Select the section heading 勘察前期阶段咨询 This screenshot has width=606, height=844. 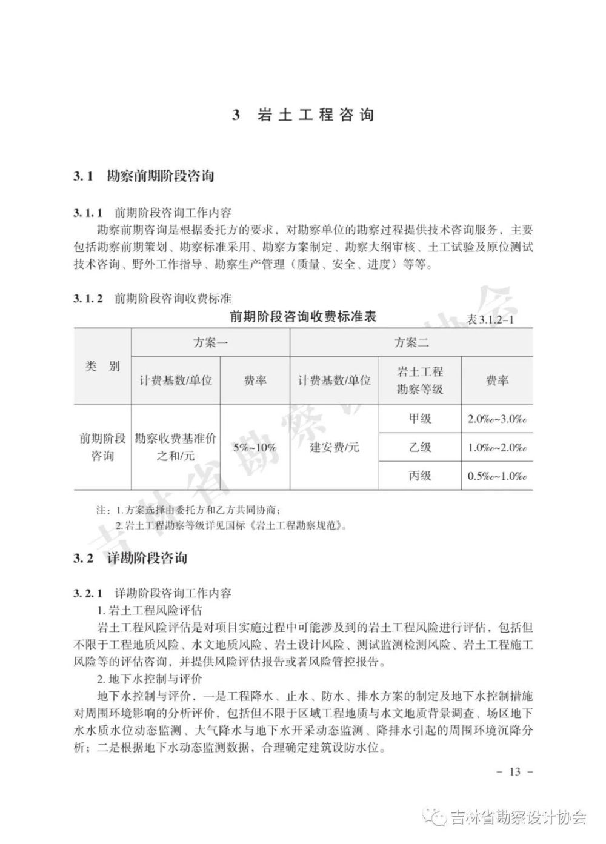coord(160,176)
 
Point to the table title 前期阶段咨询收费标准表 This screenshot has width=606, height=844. coord(303,316)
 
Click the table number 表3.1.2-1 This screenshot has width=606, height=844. coord(490,320)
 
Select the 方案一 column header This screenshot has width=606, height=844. coord(211,342)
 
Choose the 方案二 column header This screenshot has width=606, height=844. coord(411,342)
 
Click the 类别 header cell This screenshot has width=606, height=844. coord(103,366)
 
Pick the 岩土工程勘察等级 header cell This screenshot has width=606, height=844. coord(420,380)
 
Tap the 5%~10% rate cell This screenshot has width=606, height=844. coord(255,447)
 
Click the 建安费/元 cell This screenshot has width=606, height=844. coord(335,447)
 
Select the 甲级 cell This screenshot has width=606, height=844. coord(420,419)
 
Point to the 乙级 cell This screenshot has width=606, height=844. coord(420,447)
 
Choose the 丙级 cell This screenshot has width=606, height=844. coord(420,476)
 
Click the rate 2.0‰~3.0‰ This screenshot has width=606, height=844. coord(497,419)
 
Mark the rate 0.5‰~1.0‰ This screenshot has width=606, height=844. coord(497,476)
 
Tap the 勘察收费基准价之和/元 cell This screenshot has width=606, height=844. coord(176,447)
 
